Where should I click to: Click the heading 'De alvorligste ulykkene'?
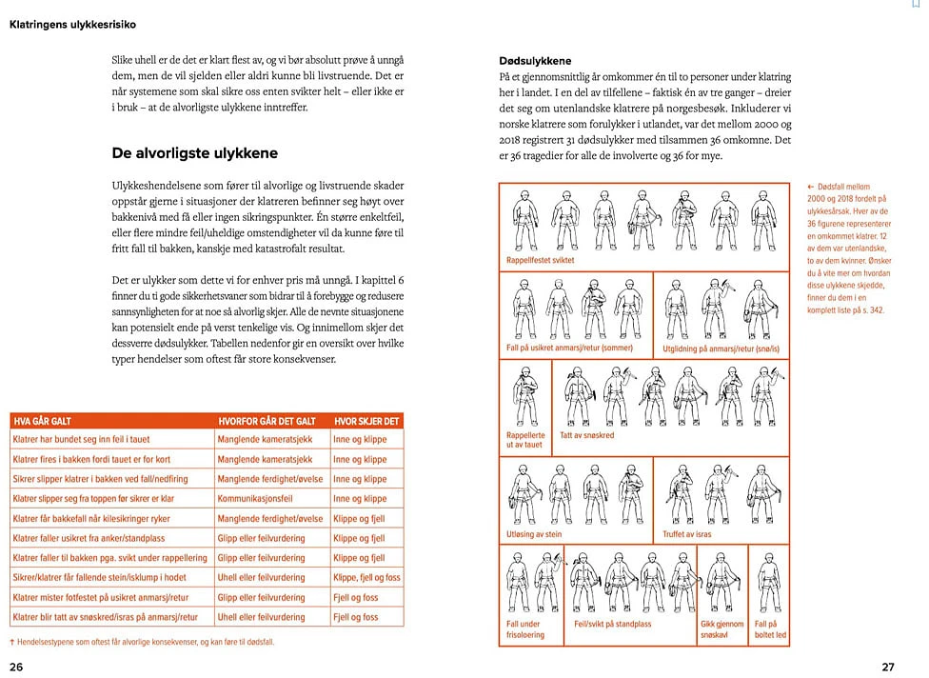pos(194,152)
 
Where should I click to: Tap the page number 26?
pos(16,667)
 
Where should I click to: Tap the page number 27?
pos(887,667)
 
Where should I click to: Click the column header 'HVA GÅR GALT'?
pos(42,421)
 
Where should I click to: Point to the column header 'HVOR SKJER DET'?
pos(366,421)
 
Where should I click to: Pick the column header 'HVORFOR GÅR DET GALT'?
pos(267,421)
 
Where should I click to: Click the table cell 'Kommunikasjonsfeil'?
pos(254,499)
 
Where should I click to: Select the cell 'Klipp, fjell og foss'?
pos(366,577)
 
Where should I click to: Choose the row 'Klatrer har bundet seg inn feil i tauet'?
pos(80,440)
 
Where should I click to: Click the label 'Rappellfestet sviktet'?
pos(541,260)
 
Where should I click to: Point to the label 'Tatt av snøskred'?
pos(587,435)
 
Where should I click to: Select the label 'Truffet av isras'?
pos(687,534)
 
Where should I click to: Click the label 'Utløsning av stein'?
pos(534,534)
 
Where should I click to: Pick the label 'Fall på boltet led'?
pos(769,629)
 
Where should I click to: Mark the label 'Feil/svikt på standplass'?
pos(613,625)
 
